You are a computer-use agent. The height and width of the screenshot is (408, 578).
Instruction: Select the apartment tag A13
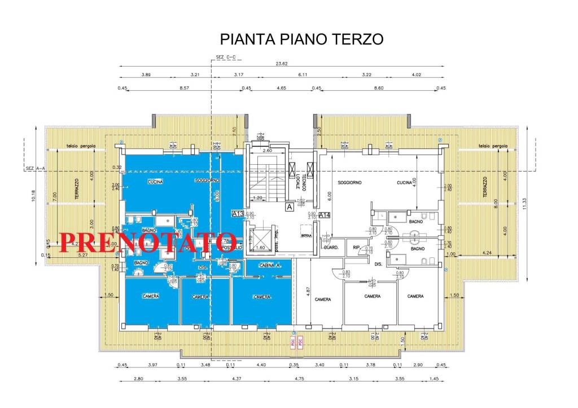click(237, 214)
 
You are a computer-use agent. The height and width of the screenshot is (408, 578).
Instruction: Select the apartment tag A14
click(325, 214)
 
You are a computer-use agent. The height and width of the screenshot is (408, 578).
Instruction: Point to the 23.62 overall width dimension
click(282, 64)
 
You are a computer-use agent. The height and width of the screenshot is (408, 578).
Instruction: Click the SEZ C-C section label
click(226, 57)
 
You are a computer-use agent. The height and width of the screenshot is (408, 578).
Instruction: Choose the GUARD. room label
click(330, 248)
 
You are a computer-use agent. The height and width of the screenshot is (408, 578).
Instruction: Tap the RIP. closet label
click(357, 248)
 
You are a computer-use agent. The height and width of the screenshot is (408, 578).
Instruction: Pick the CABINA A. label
click(270, 265)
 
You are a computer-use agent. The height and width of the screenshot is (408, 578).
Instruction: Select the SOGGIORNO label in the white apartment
click(350, 183)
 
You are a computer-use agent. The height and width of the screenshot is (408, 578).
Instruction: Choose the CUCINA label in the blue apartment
click(155, 182)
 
